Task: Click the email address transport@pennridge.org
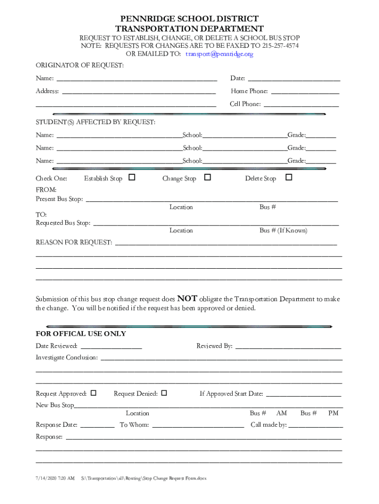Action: tap(219, 54)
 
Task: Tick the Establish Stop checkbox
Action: tap(132, 177)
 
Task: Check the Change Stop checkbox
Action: tap(208, 177)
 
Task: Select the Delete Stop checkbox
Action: tap(289, 177)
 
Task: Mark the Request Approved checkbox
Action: tap(94, 393)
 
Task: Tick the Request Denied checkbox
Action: tap(164, 393)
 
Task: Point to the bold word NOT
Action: tap(187, 298)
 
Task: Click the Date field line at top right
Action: tap(294, 79)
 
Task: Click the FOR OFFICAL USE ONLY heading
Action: tap(81, 334)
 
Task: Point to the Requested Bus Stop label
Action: tap(63, 223)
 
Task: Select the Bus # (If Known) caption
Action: tap(283, 230)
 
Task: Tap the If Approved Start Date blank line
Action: tap(303, 395)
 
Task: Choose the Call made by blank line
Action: tap(315, 426)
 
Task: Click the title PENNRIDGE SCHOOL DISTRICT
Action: tap(189, 19)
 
